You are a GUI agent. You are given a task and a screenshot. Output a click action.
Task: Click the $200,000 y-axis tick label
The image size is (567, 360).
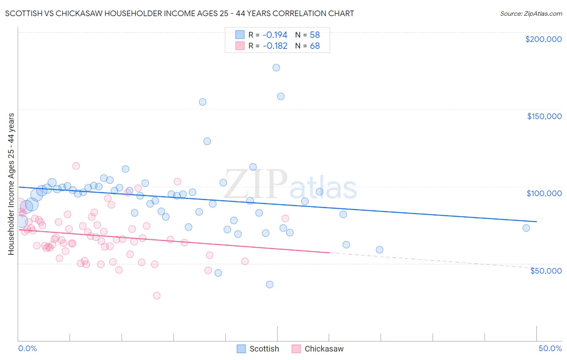pos(543,39)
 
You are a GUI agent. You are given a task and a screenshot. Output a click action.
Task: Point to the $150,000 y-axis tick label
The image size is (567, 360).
pos(544,116)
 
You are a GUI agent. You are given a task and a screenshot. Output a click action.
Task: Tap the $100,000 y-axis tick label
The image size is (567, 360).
pos(544,193)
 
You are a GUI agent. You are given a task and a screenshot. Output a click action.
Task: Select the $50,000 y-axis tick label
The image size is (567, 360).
pos(546,270)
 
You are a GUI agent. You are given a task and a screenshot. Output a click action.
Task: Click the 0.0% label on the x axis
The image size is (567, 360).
pos(27,348)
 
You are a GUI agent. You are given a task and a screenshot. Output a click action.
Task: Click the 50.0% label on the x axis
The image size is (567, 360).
pos(550,348)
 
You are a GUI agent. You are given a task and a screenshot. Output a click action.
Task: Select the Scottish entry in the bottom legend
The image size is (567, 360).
pos(264,349)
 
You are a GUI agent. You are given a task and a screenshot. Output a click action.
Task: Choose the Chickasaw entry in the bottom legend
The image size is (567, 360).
pos(324,349)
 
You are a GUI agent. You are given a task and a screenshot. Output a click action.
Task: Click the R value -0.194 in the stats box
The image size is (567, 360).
pos(275,35)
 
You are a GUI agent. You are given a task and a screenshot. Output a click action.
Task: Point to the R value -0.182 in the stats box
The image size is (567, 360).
pos(275,46)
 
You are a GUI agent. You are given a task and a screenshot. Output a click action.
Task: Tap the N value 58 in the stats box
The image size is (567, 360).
pos(315,35)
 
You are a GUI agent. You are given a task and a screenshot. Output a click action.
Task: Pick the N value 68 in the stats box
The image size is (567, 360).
pos(315,46)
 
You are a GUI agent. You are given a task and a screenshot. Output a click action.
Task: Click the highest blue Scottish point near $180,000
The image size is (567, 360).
pos(276,67)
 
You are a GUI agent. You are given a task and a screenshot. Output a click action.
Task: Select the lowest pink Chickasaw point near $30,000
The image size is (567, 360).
pos(157,295)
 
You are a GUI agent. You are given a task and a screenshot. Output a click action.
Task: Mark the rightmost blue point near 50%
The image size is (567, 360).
pos(526,228)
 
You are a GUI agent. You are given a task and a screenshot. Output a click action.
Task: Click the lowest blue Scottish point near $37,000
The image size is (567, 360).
pos(270,285)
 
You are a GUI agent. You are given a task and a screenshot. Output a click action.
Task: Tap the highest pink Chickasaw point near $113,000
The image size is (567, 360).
pos(76,166)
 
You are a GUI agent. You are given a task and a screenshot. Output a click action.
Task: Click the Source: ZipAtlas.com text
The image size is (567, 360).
pos(531,14)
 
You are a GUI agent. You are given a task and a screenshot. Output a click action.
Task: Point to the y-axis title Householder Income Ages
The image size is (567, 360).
pos(11,184)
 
